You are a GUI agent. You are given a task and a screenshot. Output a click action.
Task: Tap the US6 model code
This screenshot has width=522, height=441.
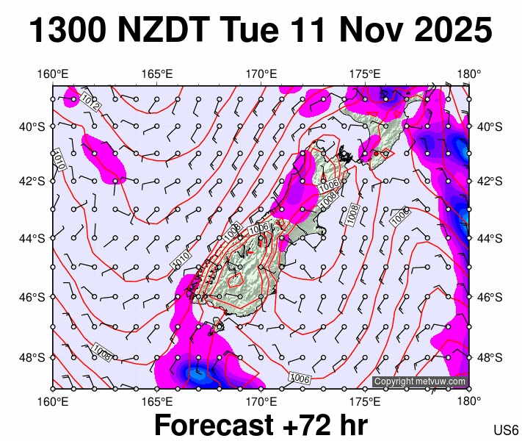[507, 430]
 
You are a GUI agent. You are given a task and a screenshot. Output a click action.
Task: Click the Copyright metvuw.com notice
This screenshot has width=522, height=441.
[419, 381]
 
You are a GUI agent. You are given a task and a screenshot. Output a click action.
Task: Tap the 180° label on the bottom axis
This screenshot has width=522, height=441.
[469, 401]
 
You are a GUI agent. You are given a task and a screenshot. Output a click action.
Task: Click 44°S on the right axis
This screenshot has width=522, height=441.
[489, 238]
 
